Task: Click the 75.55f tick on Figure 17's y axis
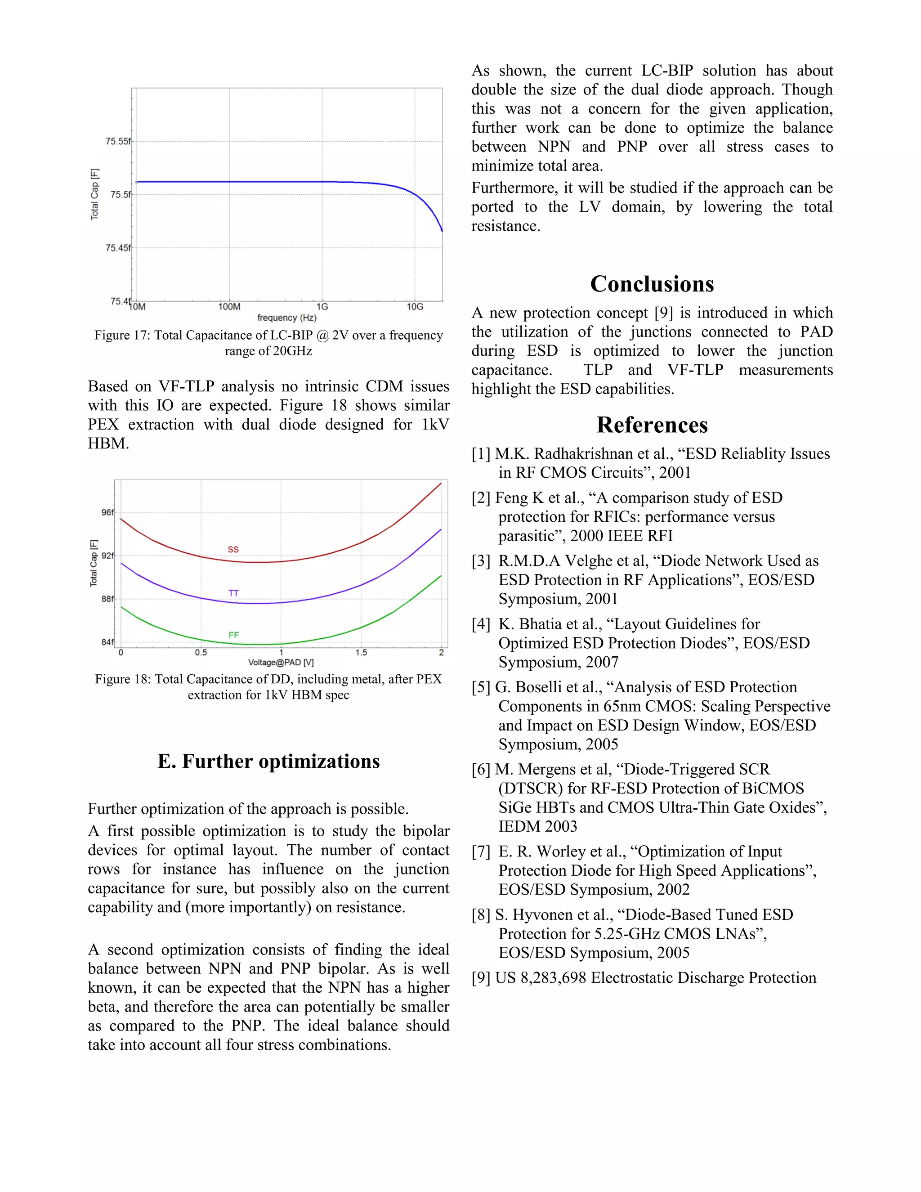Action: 118,141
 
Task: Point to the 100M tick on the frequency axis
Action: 229,307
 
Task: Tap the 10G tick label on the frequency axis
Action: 415,307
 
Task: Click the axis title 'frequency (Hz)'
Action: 286,318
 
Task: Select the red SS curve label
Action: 233,550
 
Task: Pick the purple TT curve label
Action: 233,593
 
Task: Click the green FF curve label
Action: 233,635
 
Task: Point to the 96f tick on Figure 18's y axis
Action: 107,512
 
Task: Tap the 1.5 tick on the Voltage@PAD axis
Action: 361,653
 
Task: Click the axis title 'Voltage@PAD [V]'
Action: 281,663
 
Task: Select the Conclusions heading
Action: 652,284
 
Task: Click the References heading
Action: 652,425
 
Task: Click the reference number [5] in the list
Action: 481,688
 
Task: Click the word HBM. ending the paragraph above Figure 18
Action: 108,444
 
